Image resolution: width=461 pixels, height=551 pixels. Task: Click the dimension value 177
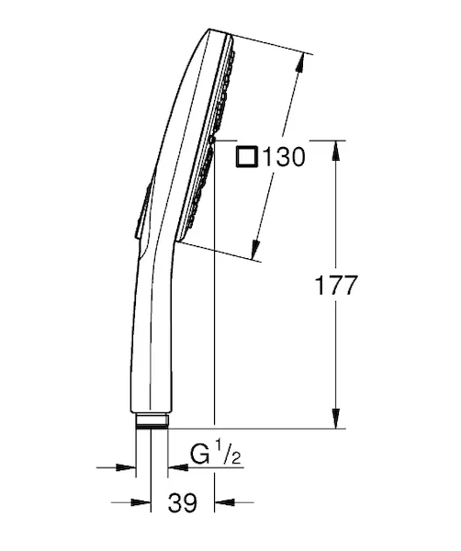(336, 286)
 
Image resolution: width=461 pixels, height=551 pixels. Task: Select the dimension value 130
(284, 157)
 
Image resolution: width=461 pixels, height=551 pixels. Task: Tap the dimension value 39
(183, 502)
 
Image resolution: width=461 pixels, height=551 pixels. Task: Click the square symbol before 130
(247, 157)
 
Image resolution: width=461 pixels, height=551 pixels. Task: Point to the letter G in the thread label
(200, 455)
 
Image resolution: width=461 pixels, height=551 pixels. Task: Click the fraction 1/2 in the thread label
(228, 454)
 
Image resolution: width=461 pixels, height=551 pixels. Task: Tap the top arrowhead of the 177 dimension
(336, 151)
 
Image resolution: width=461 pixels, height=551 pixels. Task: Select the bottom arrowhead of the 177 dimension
(336, 418)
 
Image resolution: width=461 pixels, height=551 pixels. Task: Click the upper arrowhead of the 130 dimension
(300, 63)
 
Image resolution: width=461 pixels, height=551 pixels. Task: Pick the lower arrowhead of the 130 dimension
(255, 249)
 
